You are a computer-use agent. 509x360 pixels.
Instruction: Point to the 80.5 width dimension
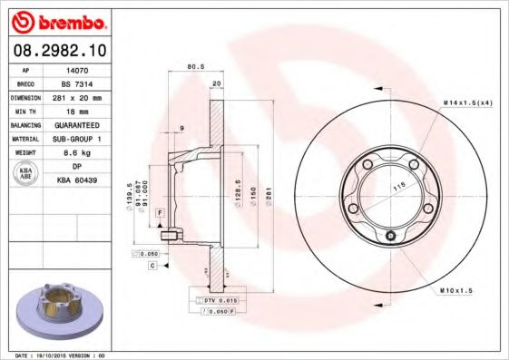(x=192, y=66)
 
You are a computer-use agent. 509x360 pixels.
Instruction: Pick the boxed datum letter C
(x=153, y=266)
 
